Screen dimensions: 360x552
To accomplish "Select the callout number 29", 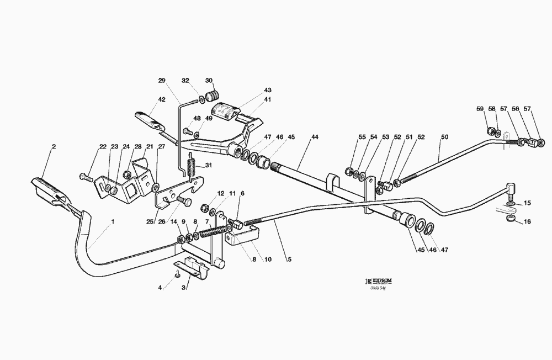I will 162,81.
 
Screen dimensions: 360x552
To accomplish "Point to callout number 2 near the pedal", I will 54,146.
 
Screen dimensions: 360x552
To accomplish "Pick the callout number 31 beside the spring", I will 209,165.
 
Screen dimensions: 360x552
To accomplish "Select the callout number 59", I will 480,108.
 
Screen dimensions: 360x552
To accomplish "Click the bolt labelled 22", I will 84,177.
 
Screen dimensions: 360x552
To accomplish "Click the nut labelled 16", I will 511,220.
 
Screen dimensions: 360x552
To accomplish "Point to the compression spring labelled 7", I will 211,231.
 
